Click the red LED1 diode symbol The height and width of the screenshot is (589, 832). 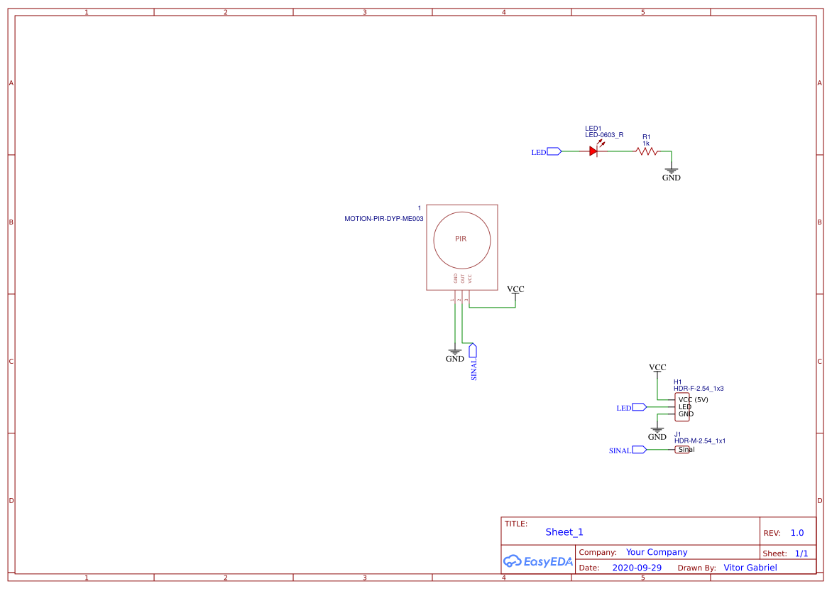tap(594, 151)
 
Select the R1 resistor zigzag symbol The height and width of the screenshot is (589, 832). tap(647, 151)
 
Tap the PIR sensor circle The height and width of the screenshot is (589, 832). tap(461, 239)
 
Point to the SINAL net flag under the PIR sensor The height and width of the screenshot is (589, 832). tap(473, 351)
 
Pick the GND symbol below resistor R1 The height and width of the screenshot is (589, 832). tap(671, 171)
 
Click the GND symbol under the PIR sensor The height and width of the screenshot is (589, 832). tap(455, 352)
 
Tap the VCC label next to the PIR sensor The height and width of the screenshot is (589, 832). tap(515, 289)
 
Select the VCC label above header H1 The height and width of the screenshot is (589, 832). tap(657, 367)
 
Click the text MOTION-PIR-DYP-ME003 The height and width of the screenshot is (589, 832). tap(383, 219)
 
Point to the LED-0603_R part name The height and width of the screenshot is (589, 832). tap(604, 134)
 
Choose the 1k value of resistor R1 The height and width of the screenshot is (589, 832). tap(646, 144)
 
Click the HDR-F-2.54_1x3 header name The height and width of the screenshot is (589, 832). tap(699, 389)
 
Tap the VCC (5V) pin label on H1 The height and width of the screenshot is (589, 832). tap(693, 399)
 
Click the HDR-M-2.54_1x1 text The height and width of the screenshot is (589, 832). tap(699, 441)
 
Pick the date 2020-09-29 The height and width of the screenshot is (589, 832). tap(637, 568)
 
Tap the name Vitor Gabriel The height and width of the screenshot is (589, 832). tap(750, 567)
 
